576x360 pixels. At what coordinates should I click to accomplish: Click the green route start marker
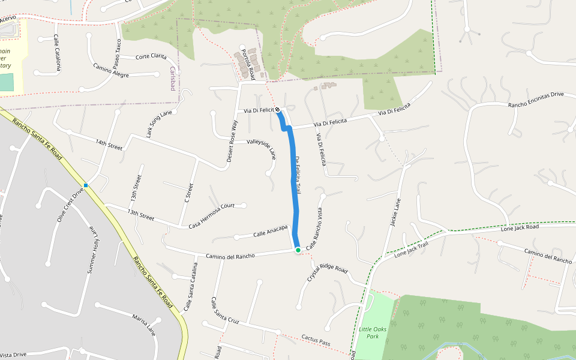pyautogui.click(x=298, y=250)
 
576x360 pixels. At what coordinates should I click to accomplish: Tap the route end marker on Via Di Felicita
pyautogui.click(x=278, y=109)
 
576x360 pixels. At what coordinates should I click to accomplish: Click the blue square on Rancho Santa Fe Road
pyautogui.click(x=86, y=185)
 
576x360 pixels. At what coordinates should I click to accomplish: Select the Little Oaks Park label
pyautogui.click(x=373, y=333)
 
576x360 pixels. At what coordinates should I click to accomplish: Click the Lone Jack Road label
pyautogui.click(x=520, y=228)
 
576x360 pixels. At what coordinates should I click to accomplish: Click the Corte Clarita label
pyautogui.click(x=151, y=56)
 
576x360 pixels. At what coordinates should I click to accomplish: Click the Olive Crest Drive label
pyautogui.click(x=70, y=205)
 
